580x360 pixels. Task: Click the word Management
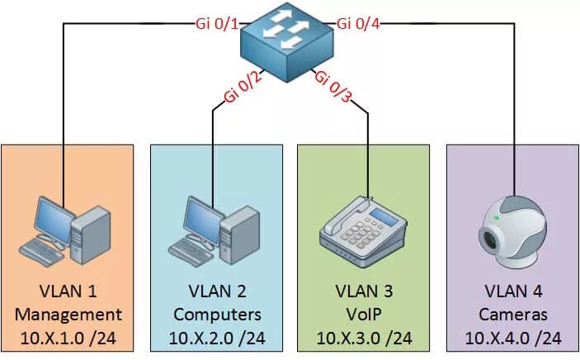[68, 315]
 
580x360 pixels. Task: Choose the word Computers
[218, 315]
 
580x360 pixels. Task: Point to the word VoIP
[364, 315]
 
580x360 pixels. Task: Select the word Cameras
[512, 315]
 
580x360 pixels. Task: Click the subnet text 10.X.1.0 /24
[68, 338]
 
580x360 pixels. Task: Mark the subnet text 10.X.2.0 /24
[218, 338]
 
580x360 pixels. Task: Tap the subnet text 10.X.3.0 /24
[364, 338]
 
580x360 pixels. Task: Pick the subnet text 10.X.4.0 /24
[512, 338]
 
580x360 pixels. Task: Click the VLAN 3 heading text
[364, 291]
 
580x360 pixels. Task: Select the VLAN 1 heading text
[68, 291]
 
